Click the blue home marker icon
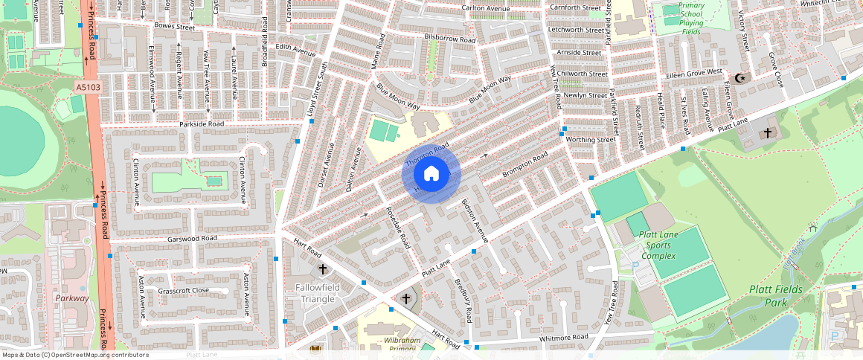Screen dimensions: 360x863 (431, 173)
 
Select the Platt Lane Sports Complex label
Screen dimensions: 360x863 (658, 245)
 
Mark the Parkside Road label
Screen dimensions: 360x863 (201, 124)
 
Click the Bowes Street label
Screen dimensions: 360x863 (174, 27)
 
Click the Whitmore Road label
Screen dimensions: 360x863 (564, 337)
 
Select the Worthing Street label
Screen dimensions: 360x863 (591, 139)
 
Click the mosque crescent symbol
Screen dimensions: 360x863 (740, 78)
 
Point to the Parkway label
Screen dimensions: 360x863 (72, 298)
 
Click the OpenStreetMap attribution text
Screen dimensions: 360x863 (74, 355)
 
